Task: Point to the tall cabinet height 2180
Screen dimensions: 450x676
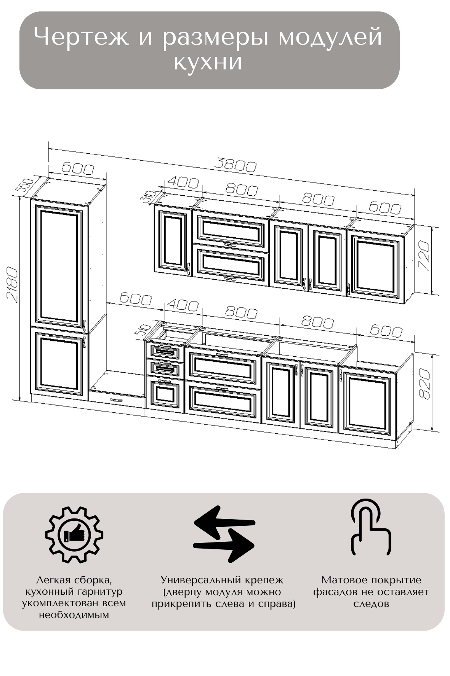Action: [x=13, y=285]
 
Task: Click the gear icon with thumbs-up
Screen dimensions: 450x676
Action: [x=74, y=534]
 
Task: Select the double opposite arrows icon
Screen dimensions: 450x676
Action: [x=224, y=534]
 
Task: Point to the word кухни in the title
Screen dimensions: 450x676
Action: [x=208, y=62]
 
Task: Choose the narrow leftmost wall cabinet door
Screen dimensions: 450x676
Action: [x=172, y=240]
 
